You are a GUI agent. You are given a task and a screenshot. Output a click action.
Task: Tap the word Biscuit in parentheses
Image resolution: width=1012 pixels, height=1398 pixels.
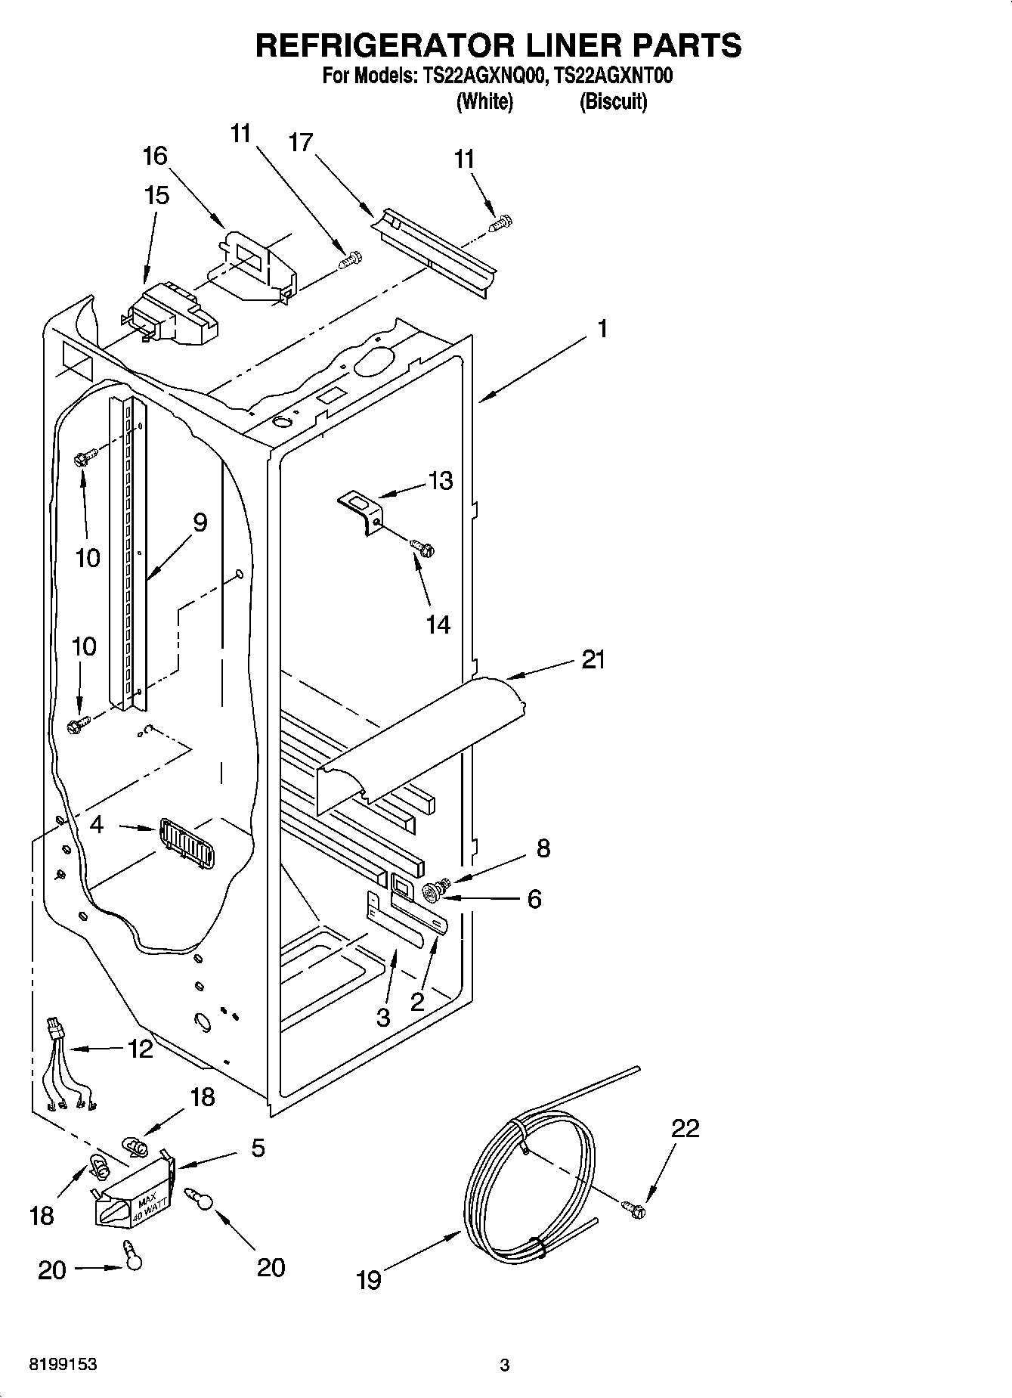[x=613, y=102]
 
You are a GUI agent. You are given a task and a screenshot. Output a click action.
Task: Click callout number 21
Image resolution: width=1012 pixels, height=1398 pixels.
[x=593, y=660]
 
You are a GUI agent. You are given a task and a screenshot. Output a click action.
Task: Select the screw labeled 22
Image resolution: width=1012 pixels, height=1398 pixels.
[x=635, y=1209]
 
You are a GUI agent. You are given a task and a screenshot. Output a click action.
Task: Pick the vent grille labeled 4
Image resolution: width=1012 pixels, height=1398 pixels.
[x=186, y=844]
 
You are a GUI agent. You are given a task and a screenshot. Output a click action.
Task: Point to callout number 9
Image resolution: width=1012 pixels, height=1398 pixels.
[x=200, y=522]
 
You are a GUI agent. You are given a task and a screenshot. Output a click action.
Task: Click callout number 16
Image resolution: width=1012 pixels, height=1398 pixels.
[x=155, y=157]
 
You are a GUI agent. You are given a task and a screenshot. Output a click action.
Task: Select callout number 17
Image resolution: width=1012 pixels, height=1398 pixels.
[x=301, y=141]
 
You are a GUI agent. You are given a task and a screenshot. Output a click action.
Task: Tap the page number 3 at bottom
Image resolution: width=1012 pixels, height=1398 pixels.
[x=505, y=1365]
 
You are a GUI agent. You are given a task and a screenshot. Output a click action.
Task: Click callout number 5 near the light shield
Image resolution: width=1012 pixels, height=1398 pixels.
[x=257, y=1148]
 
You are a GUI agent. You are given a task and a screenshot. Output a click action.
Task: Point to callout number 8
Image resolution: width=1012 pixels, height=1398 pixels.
[x=543, y=848]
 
